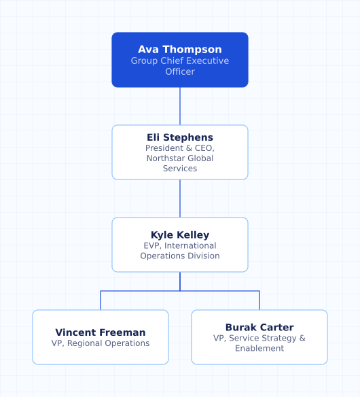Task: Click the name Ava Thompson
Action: pos(180,50)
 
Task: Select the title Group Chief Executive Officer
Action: pos(180,66)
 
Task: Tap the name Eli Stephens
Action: pos(180,137)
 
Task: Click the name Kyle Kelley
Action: pos(180,235)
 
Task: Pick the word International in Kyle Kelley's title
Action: pos(190,245)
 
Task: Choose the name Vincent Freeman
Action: pos(101,332)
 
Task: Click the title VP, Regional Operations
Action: pos(101,343)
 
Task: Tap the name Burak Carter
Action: pos(259,328)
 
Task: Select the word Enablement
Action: pos(259,348)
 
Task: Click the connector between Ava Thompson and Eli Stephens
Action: pos(180,106)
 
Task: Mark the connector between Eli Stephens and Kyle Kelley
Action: pos(180,198)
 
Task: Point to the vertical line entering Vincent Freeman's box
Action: pos(101,300)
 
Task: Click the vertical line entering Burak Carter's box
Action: pos(259,300)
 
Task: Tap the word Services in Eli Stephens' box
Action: pos(180,169)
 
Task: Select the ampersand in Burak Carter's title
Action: pos(302,339)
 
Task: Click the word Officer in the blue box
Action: pos(180,71)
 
